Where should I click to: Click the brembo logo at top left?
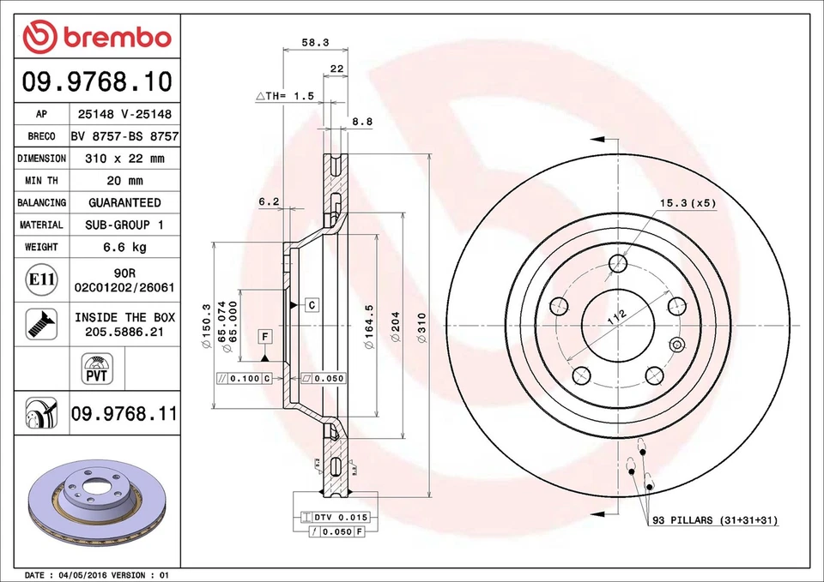pos(96,36)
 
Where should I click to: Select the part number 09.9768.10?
pos(96,82)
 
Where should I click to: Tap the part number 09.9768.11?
pos(124,414)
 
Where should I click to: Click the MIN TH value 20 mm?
pos(124,181)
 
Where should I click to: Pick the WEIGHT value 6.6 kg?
pos(124,247)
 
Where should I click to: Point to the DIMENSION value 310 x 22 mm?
pos(124,159)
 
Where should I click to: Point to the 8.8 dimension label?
pos(361,122)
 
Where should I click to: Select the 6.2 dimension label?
pos(269,202)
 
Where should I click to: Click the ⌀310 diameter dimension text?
pos(421,328)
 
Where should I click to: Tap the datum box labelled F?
pos(266,336)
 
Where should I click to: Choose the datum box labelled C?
pos(312,304)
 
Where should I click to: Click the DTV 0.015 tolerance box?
pos(332,517)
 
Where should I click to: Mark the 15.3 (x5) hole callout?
pos(687,203)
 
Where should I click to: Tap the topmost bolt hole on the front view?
pos(618,263)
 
